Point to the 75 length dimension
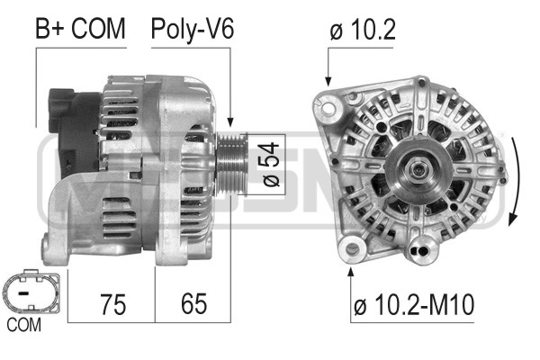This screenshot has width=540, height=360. coord(112,303)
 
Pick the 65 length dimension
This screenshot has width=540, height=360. coord(192,303)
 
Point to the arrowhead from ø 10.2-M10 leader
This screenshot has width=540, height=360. coord(352,264)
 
